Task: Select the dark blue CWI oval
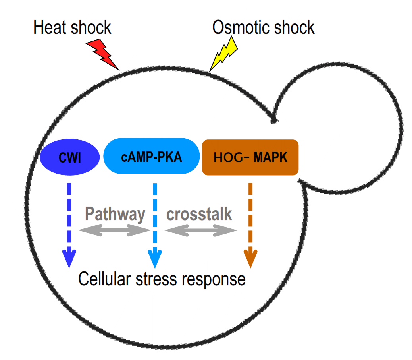tap(70, 158)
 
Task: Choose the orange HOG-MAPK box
tap(250, 157)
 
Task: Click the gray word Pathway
tap(115, 214)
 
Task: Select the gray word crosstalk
tap(199, 214)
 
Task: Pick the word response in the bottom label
tap(214, 279)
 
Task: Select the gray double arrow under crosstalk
tap(200, 230)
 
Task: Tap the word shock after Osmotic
tap(294, 28)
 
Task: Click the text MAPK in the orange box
tap(271, 157)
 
